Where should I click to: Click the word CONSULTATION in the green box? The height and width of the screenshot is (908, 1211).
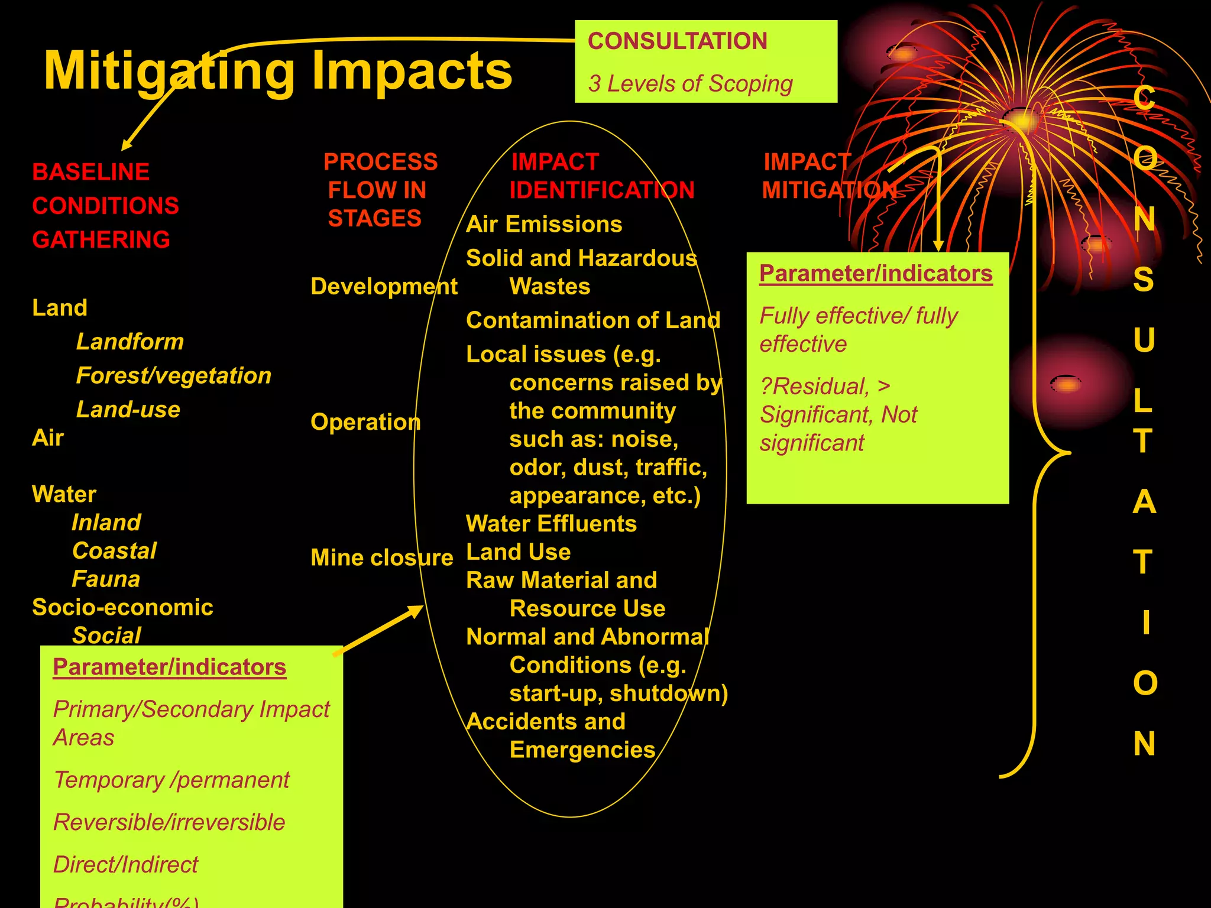coord(677,41)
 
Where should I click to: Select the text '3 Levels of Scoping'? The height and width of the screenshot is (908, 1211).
coord(690,84)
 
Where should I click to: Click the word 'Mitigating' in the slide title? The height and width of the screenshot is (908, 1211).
coord(169,71)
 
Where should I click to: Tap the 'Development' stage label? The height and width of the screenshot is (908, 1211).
coord(384,287)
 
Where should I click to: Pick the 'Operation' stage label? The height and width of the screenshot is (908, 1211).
coord(365,422)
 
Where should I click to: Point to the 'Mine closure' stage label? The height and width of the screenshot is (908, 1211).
coord(381,557)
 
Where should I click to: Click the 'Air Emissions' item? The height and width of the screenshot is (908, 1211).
coord(544,225)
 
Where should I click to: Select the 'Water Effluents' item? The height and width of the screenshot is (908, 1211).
coord(551,524)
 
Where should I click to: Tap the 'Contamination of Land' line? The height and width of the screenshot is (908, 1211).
coord(593,320)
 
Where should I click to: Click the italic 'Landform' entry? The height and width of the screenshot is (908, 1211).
coord(130,342)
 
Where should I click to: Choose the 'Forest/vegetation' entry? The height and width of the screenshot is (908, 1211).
coord(174,375)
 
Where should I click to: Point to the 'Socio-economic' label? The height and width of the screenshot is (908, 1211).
coord(122,607)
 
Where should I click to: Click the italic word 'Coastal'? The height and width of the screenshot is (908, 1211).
coord(115,551)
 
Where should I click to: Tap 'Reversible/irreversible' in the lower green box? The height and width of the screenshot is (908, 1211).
coord(169,822)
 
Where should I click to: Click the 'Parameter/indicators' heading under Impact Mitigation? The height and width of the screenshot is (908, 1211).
coord(876,274)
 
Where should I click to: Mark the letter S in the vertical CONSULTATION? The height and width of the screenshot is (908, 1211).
coord(1144,280)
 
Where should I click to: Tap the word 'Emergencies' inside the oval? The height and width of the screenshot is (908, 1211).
coord(582,750)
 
